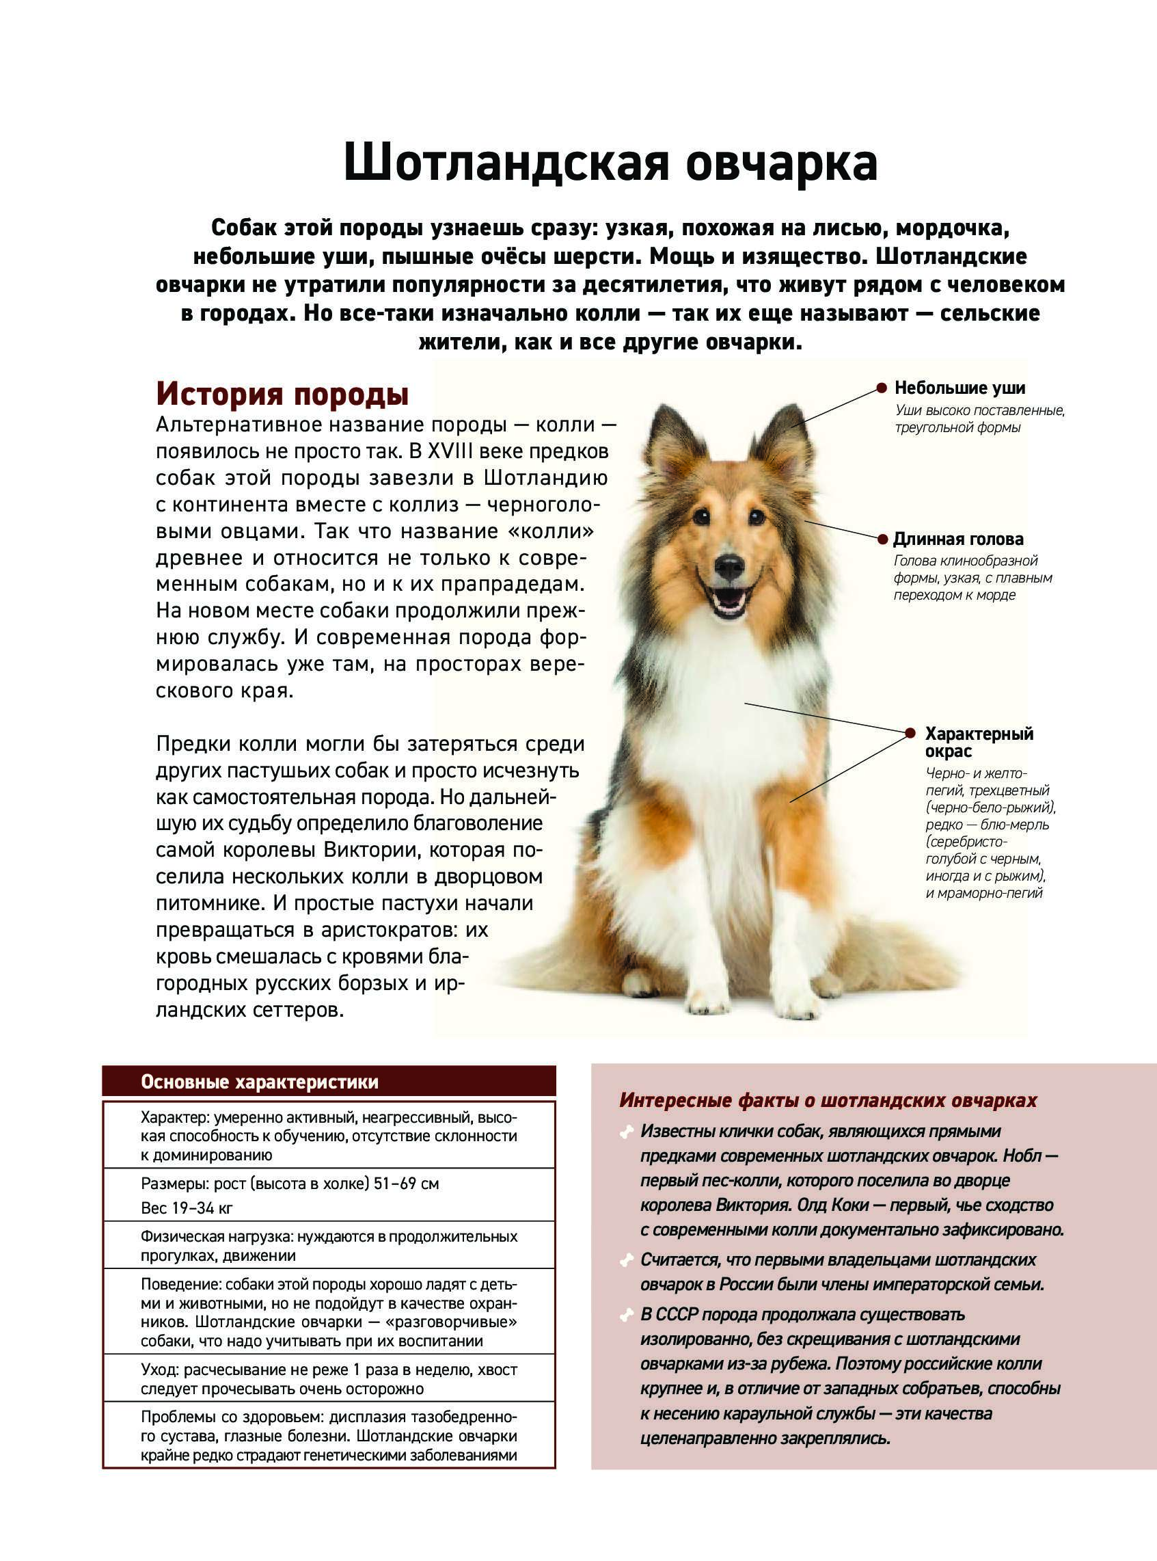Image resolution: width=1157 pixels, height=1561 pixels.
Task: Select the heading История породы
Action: (282, 394)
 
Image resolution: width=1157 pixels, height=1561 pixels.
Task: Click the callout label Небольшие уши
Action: (959, 388)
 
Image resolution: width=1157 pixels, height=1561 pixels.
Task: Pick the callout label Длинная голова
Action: (957, 539)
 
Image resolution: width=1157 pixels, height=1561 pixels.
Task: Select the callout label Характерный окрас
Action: (979, 742)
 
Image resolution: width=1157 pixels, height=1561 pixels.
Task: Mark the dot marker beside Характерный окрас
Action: (910, 733)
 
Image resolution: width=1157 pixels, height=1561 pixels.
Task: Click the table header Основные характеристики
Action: (259, 1082)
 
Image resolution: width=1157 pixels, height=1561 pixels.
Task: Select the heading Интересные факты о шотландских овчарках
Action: (828, 1100)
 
